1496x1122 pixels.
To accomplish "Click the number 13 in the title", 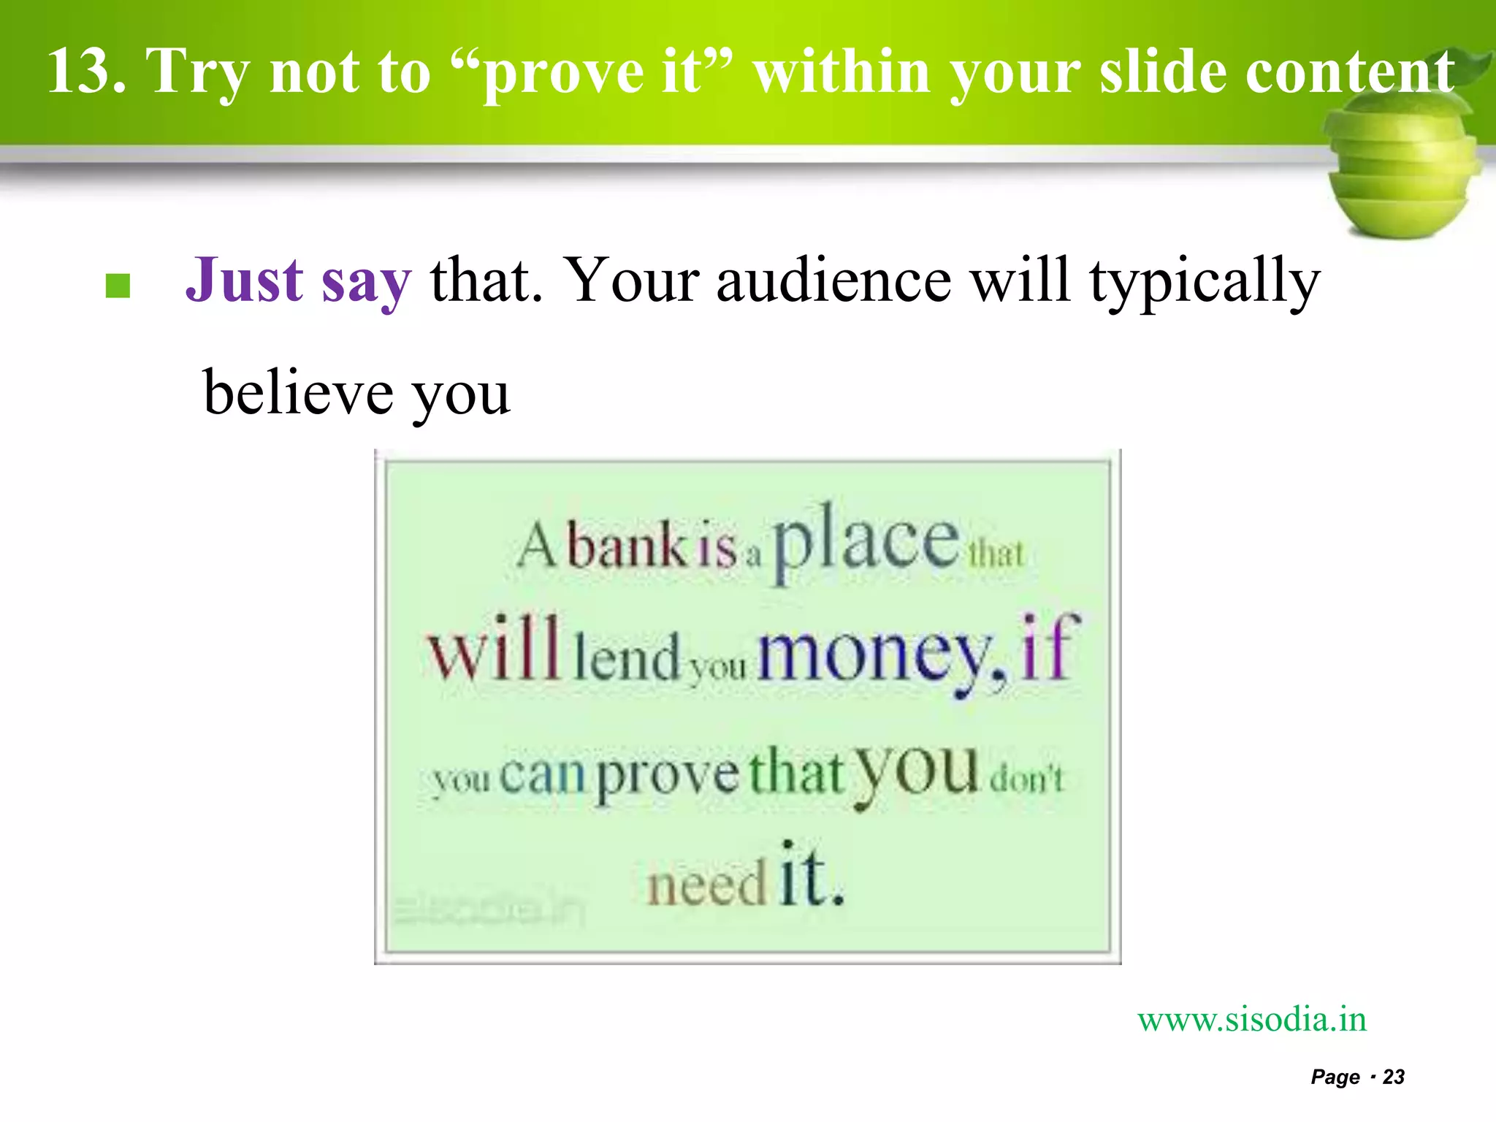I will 84,72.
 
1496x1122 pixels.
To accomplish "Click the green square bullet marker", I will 118,286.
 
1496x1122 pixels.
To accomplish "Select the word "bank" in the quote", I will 627,546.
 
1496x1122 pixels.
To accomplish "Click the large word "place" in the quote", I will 866,541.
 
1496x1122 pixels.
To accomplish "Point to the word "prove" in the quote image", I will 668,776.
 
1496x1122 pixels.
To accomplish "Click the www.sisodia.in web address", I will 1251,1020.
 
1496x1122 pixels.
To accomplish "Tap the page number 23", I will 1393,1077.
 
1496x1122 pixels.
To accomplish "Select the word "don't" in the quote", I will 1026,779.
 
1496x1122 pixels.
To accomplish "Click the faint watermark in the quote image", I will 489,911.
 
